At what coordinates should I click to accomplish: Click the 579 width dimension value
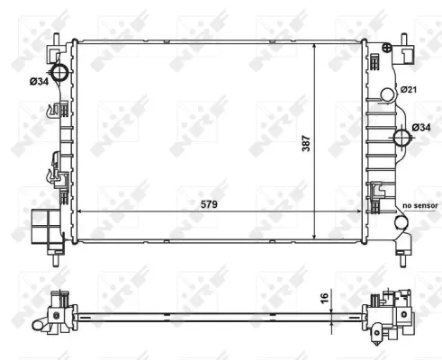209,204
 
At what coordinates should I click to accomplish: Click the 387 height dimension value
306,143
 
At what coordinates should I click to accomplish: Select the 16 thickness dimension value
325,298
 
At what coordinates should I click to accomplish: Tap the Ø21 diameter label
409,89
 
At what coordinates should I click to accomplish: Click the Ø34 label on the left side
39,81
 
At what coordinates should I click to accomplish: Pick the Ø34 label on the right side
421,128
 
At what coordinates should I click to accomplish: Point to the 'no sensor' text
420,206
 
